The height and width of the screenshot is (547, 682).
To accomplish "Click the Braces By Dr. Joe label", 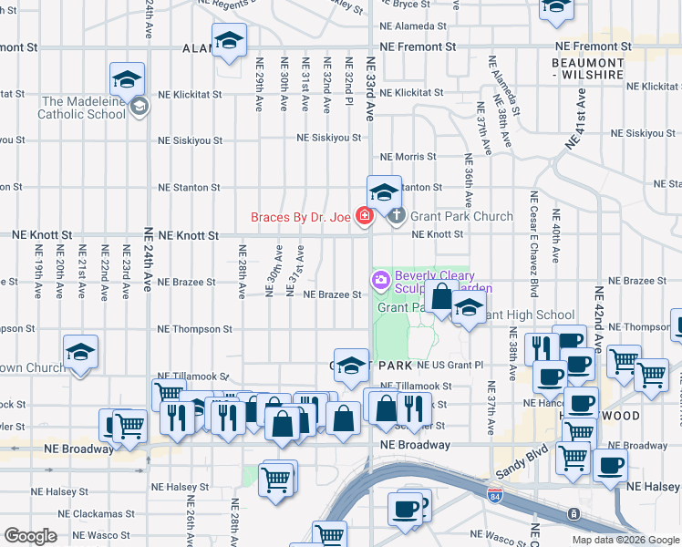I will click(x=302, y=217).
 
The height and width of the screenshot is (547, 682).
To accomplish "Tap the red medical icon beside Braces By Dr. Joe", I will click(x=365, y=217).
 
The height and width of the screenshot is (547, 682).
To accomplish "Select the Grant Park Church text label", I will click(x=461, y=217).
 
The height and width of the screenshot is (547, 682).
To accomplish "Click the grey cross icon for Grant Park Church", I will click(x=396, y=217).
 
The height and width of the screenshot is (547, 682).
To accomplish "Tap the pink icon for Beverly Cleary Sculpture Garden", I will click(x=380, y=277).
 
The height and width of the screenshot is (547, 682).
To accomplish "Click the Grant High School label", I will click(x=529, y=315).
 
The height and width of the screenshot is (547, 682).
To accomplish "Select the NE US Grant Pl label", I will click(x=449, y=365).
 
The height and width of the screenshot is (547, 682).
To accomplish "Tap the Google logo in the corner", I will click(x=29, y=536).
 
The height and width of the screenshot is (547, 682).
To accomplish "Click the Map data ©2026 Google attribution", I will click(x=625, y=540).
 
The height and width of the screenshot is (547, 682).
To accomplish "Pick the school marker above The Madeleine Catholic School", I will click(x=128, y=78).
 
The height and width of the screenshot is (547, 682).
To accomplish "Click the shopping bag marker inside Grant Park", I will click(x=441, y=298).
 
